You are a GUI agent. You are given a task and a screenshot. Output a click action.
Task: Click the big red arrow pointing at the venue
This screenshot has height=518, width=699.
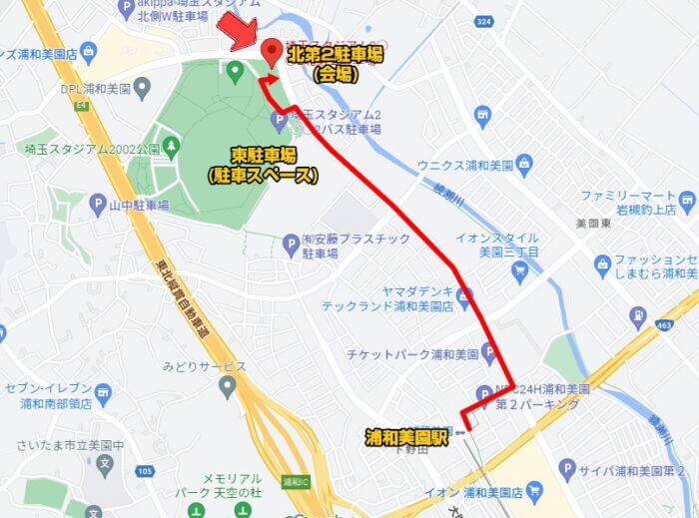point(237,27)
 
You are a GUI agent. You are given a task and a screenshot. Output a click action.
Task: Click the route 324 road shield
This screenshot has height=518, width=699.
point(484,19)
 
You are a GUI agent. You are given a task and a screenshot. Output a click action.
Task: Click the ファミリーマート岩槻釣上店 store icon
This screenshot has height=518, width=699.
point(687,205)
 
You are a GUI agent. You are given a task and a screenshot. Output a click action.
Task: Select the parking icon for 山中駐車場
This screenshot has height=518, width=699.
point(98,206)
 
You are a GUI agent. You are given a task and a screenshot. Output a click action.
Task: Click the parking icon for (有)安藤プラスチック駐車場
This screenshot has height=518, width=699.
point(291,242)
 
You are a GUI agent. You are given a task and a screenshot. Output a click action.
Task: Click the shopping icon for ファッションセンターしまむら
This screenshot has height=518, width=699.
point(602,264)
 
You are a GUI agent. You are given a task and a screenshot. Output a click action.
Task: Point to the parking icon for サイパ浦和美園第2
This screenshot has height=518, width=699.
point(567,468)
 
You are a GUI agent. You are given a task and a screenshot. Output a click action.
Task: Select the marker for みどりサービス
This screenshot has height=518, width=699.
point(230,386)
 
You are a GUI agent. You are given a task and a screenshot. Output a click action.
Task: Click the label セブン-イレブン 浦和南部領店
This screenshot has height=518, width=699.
point(48,395)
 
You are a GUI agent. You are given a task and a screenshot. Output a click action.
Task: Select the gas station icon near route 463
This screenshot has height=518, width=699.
point(637,317)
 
